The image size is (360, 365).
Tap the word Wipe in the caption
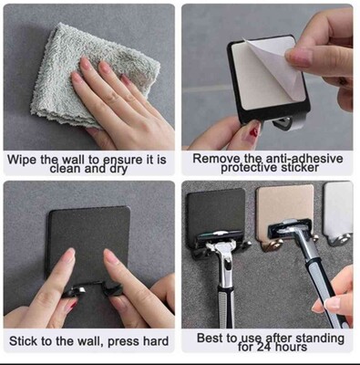point(21,160)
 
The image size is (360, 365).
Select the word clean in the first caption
point(65,169)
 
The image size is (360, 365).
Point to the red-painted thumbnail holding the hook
point(254,130)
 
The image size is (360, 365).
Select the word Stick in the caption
point(22,341)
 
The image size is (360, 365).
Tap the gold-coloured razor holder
point(285,212)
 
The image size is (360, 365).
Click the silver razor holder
point(339,212)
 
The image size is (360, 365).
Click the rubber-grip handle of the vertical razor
point(225,308)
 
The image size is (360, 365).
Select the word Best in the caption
point(210,338)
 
